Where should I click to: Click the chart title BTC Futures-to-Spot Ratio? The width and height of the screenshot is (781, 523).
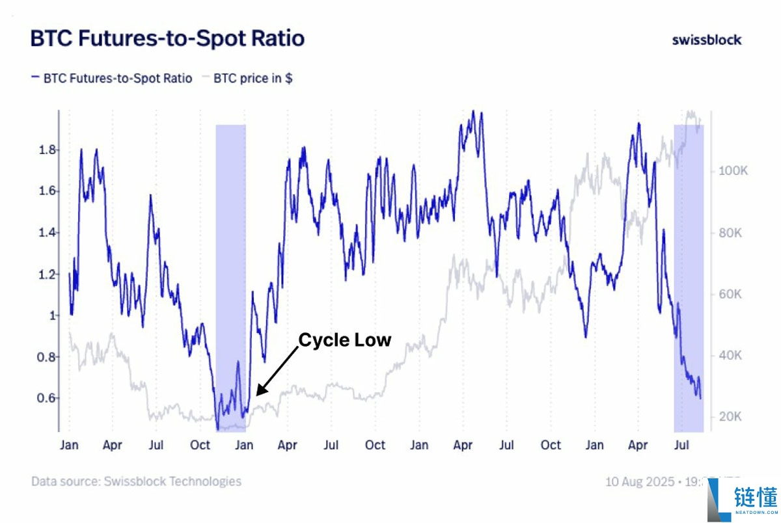pos(167,38)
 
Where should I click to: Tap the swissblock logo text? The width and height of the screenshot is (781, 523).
pos(706,40)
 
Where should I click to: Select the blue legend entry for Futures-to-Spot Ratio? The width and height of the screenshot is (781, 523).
pos(112,78)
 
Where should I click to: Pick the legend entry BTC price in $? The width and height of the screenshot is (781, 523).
pos(247,78)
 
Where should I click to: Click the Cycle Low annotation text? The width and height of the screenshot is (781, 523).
pos(345,340)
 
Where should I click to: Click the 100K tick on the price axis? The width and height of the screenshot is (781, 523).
pos(732,171)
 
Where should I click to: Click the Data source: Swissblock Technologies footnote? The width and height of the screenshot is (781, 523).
pos(136,481)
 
